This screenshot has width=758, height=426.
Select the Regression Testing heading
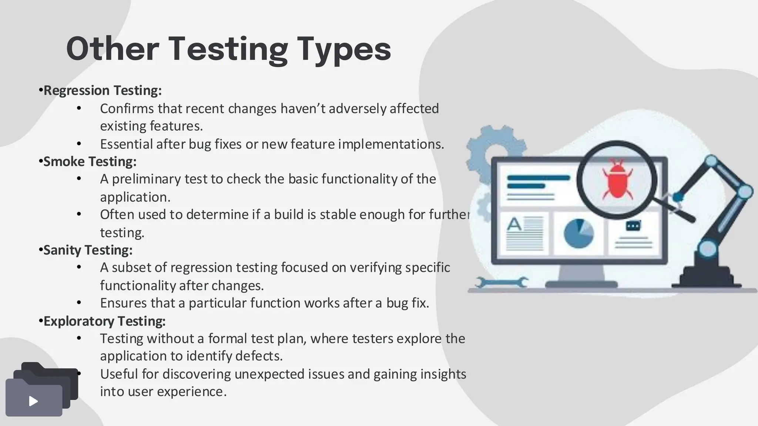pyautogui.click(x=103, y=90)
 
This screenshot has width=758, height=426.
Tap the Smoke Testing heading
pyautogui.click(x=90, y=161)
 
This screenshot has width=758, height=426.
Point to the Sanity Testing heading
pyautogui.click(x=88, y=250)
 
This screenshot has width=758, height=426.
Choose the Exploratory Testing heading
pyautogui.click(x=104, y=321)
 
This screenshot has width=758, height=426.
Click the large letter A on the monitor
pyautogui.click(x=514, y=224)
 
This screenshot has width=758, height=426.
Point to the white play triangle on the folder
pyautogui.click(x=33, y=401)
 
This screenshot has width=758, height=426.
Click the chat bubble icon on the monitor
pyautogui.click(x=633, y=226)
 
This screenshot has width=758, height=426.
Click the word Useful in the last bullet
pyautogui.click(x=119, y=374)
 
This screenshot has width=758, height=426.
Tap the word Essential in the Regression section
pyautogui.click(x=126, y=144)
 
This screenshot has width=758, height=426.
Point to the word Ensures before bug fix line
pyautogui.click(x=124, y=303)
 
